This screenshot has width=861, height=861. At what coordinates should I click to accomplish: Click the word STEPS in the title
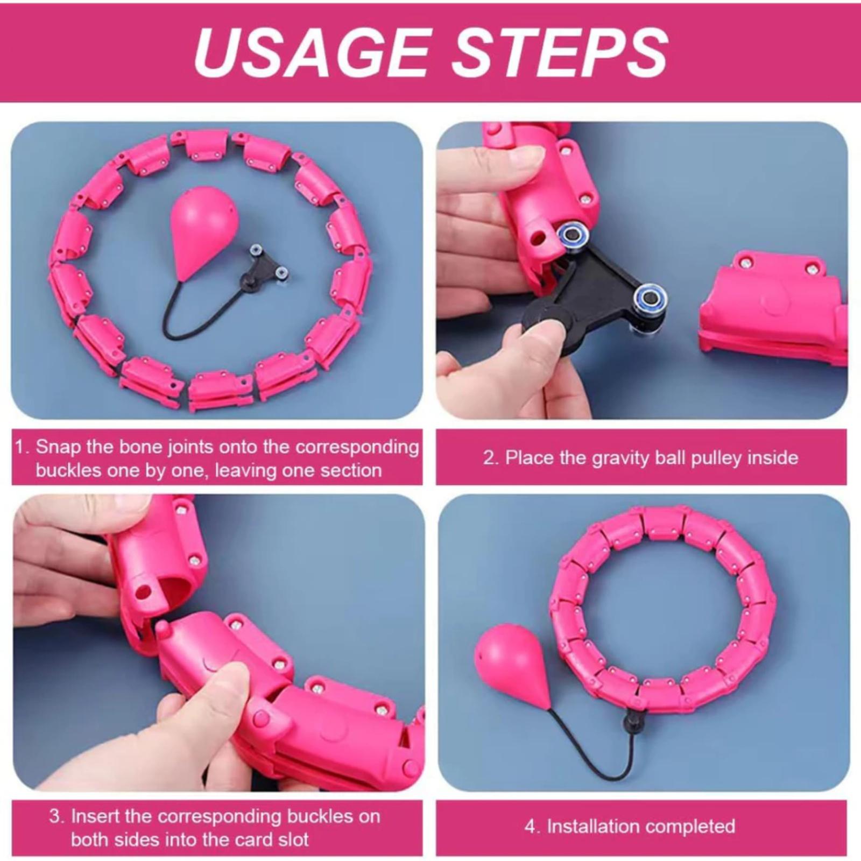tap(560, 52)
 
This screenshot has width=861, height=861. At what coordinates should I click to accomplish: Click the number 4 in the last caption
tap(530, 827)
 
